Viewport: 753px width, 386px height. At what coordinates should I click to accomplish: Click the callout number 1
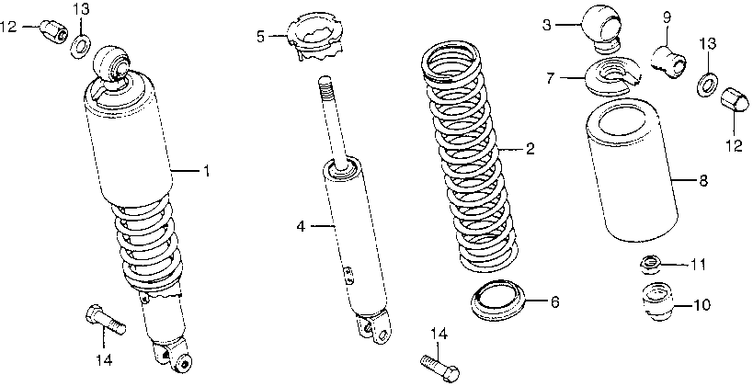coord(207,171)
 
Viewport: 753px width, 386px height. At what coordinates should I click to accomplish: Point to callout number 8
coord(703,181)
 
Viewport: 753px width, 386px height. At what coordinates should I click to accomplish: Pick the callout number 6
coord(554,301)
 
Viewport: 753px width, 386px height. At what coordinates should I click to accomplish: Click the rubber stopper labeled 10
coord(656,302)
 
